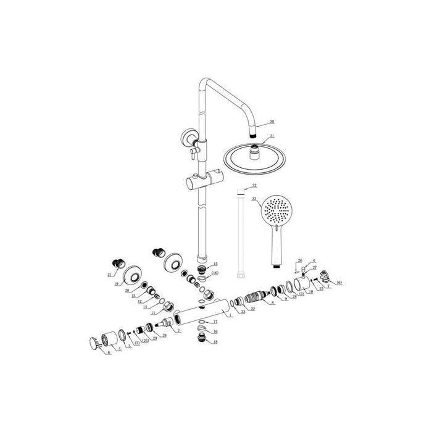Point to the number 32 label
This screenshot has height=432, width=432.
coord(254,185)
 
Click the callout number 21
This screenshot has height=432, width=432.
coord(110,274)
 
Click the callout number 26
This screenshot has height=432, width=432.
coord(300,260)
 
